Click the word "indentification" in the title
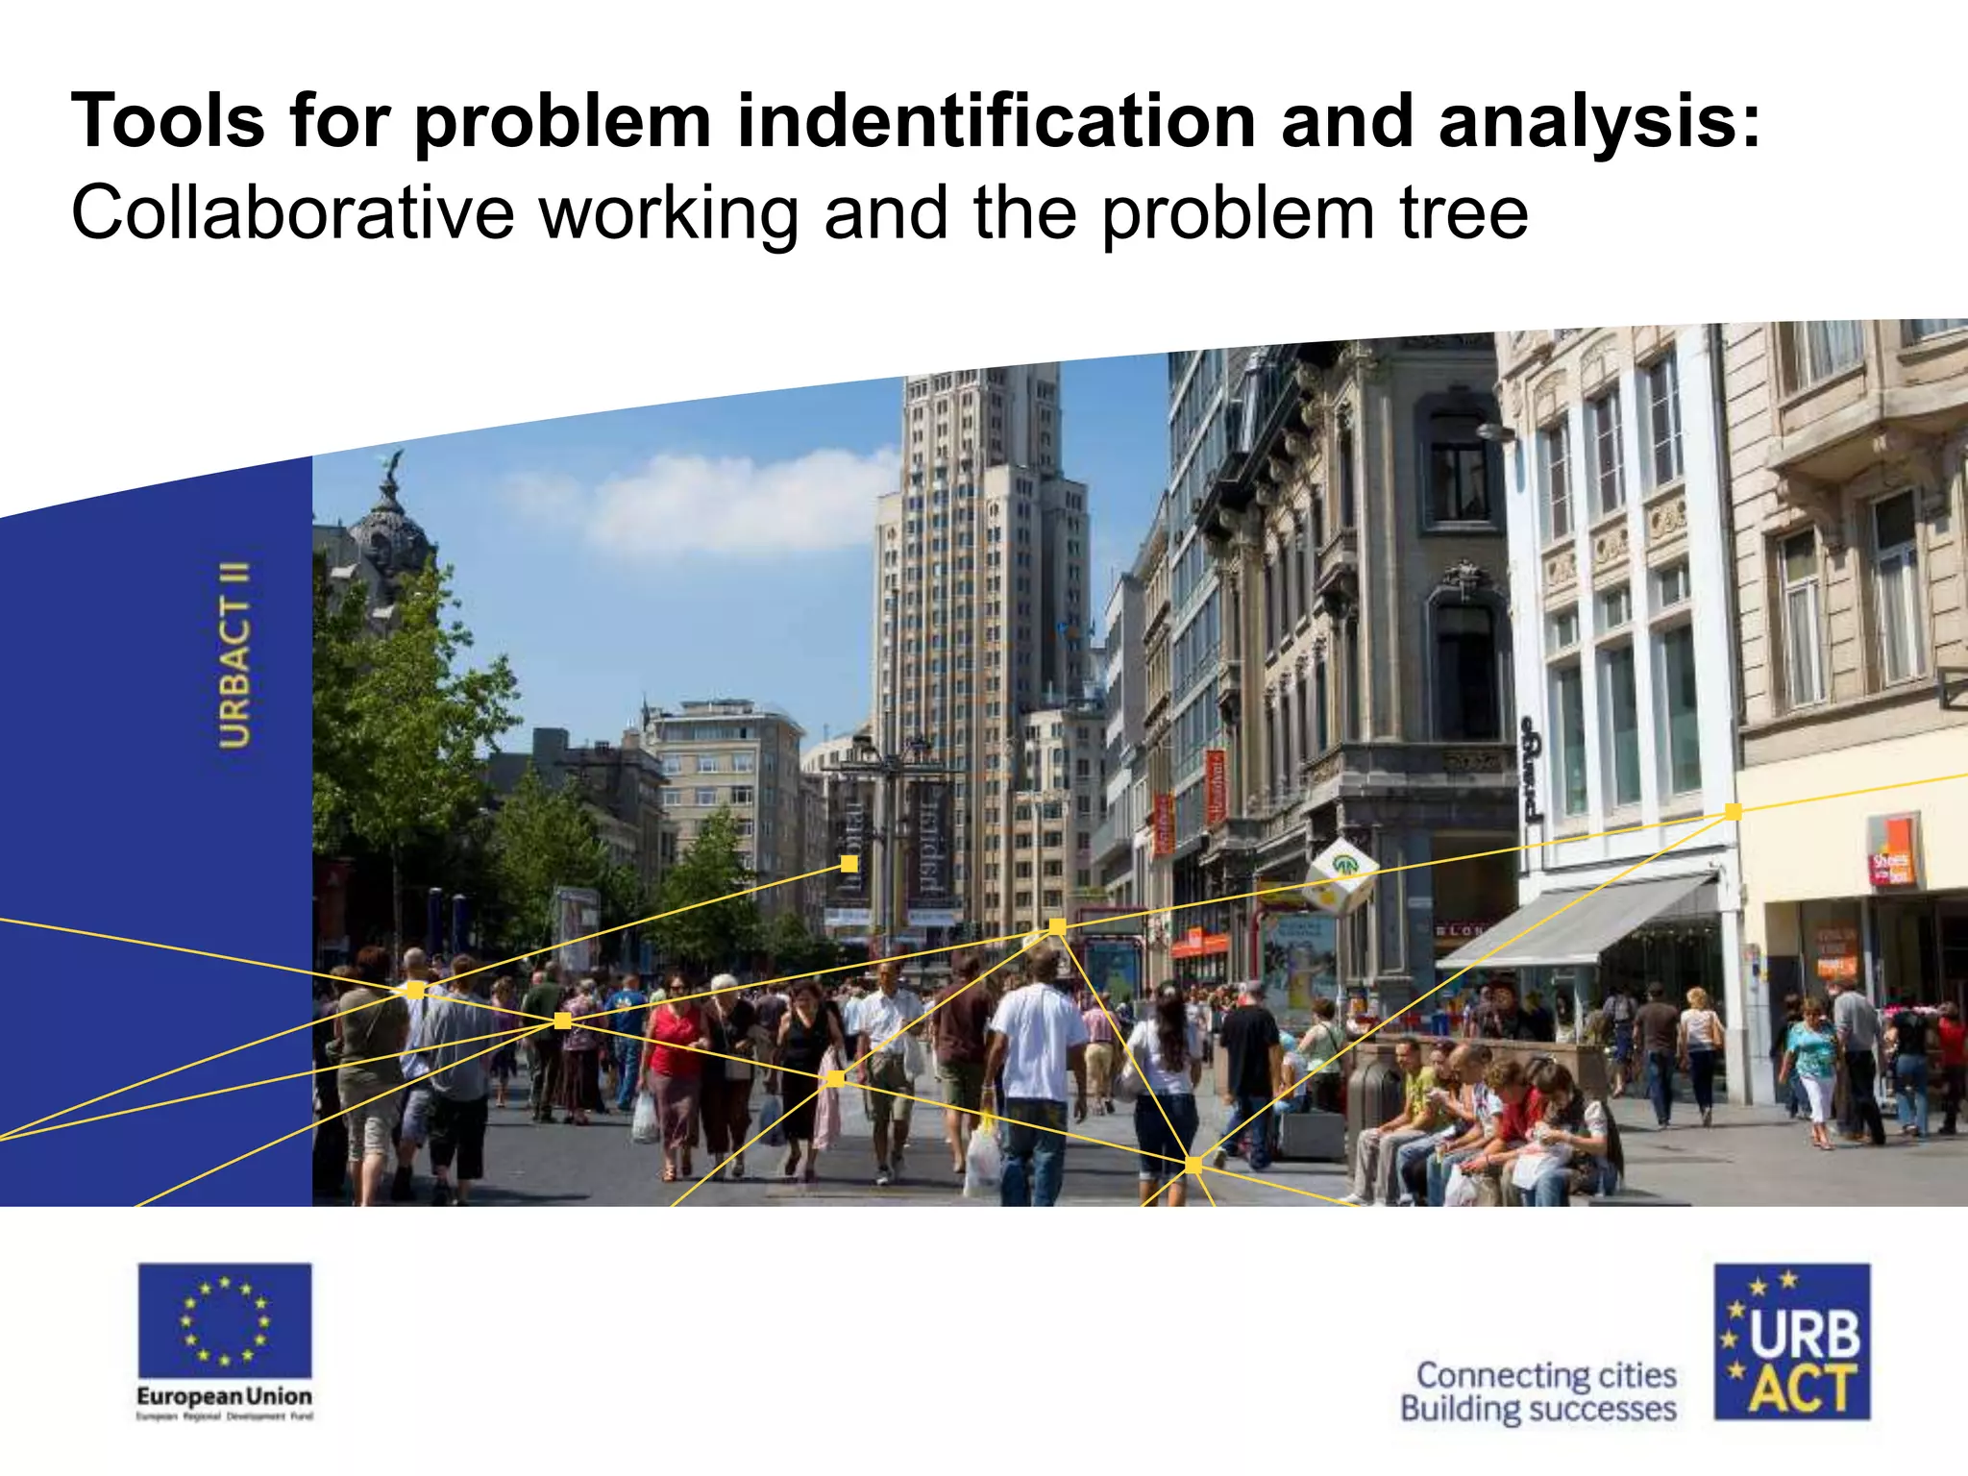[x=996, y=122]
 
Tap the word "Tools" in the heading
[x=168, y=122]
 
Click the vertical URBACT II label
[x=235, y=655]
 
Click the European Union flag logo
[x=225, y=1320]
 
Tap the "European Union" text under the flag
[x=225, y=1395]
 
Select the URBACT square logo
[x=1792, y=1341]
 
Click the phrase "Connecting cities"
[x=1546, y=1375]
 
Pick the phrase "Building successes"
[x=1538, y=1410]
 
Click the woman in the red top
[x=675, y=1047]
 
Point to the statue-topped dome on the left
[x=389, y=524]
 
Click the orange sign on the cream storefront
[x=1890, y=850]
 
